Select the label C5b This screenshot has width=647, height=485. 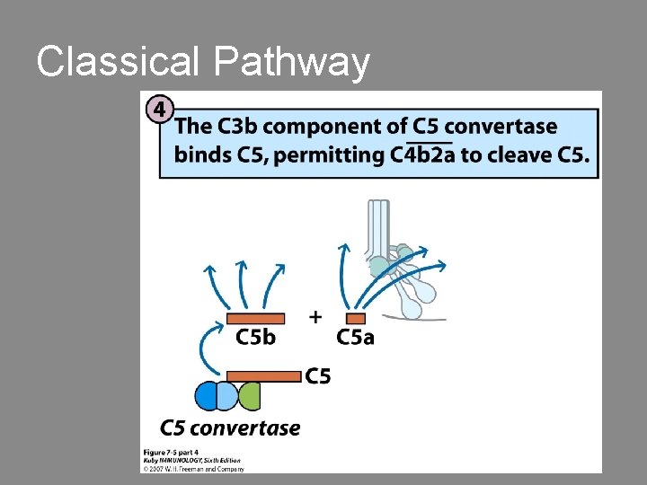click(x=255, y=338)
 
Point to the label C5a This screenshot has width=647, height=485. click(x=355, y=338)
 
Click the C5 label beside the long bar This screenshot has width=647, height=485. click(x=318, y=376)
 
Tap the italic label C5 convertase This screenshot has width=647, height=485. click(x=230, y=428)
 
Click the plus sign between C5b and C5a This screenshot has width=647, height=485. click(x=315, y=316)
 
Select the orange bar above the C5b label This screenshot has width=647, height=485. click(x=255, y=318)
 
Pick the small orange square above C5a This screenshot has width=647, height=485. click(x=356, y=318)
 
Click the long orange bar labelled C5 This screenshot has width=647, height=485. click(x=264, y=376)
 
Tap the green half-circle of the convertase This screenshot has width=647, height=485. click(x=250, y=395)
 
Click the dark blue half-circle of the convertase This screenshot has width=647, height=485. click(x=206, y=396)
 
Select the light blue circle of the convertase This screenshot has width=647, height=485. click(x=227, y=396)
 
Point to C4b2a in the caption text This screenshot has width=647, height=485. click(x=424, y=154)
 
